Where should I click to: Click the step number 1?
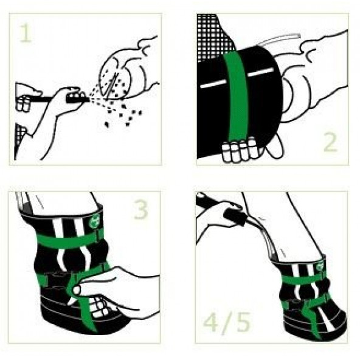(x=26, y=33)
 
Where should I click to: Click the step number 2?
(x=330, y=142)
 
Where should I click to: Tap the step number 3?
(x=140, y=209)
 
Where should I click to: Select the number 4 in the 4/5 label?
(x=211, y=322)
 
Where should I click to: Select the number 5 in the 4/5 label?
(x=243, y=322)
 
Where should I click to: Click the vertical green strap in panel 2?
(x=237, y=97)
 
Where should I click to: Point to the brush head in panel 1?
(x=75, y=97)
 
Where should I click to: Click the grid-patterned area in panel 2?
(x=212, y=36)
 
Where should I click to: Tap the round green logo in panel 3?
(x=94, y=221)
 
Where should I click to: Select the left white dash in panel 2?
(x=212, y=84)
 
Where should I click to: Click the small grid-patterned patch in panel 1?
(x=20, y=133)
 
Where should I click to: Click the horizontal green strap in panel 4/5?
(x=303, y=279)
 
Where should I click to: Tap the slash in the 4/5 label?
(x=227, y=322)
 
